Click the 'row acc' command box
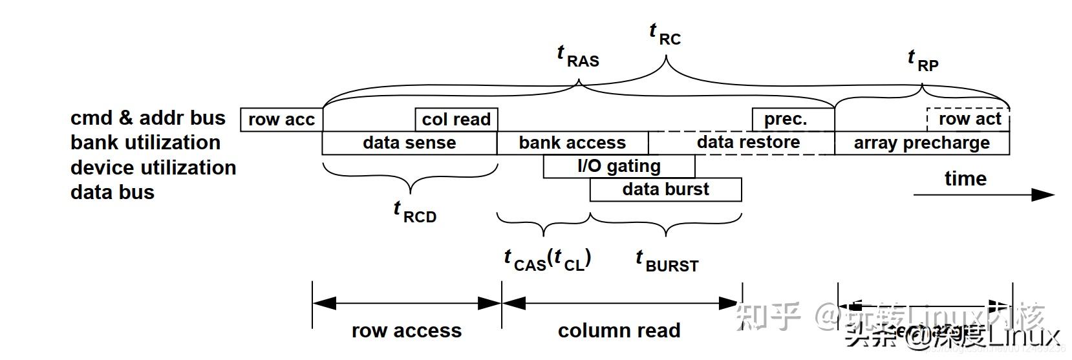coord(281,120)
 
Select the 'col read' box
coord(456,120)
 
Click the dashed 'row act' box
coord(968,119)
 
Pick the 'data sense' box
coord(409,143)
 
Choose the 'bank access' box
coord(572,143)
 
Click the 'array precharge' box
coord(921,143)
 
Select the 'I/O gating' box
coord(619,166)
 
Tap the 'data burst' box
coord(665,189)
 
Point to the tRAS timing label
coord(578,56)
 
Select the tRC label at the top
coord(665,34)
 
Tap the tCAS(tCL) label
coord(548,260)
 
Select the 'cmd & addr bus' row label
coord(148,118)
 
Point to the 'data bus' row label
coord(113,192)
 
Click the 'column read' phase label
coord(619,330)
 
